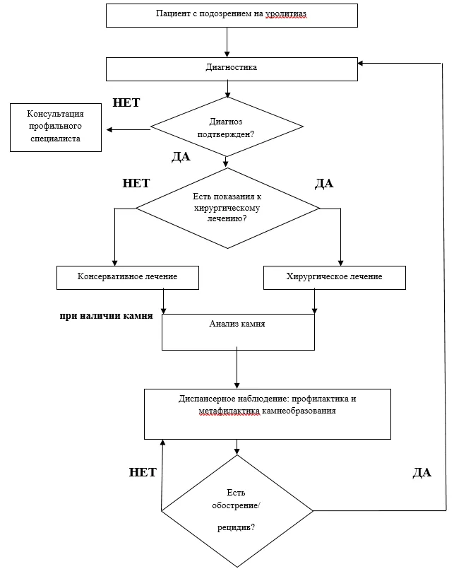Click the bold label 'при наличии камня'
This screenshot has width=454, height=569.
click(106, 316)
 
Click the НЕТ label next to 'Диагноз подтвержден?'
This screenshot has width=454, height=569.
click(126, 102)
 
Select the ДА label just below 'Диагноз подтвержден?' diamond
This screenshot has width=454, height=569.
click(181, 156)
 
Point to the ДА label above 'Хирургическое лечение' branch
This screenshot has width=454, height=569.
click(324, 184)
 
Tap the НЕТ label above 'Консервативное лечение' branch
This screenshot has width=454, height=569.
click(136, 183)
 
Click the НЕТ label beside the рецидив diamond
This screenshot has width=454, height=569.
click(143, 472)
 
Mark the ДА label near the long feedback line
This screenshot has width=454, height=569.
click(422, 472)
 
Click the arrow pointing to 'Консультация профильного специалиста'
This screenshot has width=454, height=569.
click(129, 129)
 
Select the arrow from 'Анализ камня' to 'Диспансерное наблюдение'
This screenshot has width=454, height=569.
click(237, 368)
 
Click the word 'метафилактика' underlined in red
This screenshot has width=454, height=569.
click(229, 411)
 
